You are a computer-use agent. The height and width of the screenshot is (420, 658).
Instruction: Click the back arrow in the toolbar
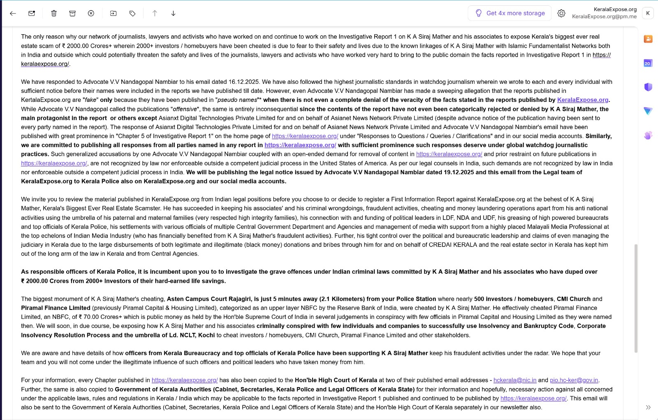coord(13,13)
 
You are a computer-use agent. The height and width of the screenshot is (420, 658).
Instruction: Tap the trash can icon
coord(54,13)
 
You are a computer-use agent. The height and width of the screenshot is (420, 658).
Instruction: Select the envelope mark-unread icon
coord(32,13)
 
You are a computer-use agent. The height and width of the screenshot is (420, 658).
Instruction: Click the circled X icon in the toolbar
coord(91,13)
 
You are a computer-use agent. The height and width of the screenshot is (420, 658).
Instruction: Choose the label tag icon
coord(132,13)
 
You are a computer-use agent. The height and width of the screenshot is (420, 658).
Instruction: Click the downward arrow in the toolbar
coord(173,13)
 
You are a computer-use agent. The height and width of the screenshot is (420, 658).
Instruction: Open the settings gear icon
coord(561,13)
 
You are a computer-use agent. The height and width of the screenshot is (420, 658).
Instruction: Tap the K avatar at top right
coord(648,13)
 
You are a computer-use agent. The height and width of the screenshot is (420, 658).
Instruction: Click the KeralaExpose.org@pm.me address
coord(604,16)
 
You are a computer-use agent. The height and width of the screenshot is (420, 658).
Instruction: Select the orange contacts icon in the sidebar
coord(648,39)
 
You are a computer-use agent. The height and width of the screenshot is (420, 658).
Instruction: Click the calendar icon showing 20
coord(648,63)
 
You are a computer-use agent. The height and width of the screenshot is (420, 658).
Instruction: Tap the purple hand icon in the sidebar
coord(648,135)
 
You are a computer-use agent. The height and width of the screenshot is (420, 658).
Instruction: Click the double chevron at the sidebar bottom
coord(648,407)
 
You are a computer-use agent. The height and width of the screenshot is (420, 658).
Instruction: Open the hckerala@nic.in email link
coord(515,380)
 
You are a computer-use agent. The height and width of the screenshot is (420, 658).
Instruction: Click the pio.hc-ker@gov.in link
coord(574,380)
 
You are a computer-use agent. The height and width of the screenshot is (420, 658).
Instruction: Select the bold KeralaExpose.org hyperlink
coord(582,100)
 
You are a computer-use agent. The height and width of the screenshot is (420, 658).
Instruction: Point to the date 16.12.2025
coord(243,82)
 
